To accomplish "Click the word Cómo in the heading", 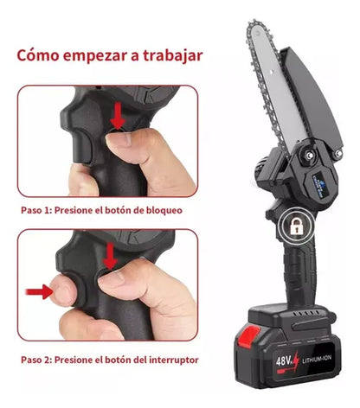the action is point(37,54).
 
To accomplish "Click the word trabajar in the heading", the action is point(173,55).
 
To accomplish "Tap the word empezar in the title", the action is point(95,56).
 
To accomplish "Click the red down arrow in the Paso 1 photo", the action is point(118,117).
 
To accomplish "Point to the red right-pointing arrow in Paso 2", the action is point(39,291).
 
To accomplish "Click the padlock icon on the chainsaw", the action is point(295,226).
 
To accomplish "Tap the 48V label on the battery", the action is point(283,360).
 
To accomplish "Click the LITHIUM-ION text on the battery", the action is point(317,359).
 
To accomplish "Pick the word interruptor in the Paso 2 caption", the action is point(174,360).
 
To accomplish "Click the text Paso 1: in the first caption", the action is point(36,210).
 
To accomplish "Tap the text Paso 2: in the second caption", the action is point(36,360).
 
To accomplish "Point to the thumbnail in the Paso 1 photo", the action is point(119,138).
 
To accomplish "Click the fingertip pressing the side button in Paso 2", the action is point(61,290).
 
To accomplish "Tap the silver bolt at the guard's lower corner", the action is point(337,152).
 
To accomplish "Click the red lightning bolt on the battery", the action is point(295,360).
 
